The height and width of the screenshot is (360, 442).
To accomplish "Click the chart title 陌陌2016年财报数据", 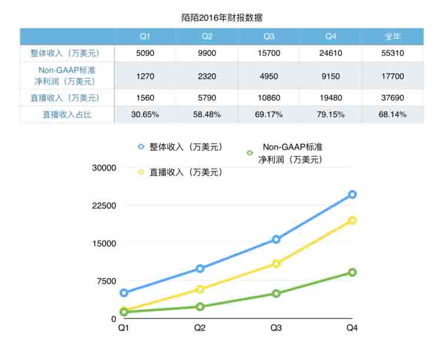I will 222,18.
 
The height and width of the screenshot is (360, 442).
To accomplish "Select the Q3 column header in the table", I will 269,37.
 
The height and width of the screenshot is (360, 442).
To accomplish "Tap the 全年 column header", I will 392,37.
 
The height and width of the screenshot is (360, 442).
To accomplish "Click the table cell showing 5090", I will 144,53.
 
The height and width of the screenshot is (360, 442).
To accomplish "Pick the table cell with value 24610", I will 331,53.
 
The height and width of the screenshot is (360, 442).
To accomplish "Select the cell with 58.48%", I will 207,114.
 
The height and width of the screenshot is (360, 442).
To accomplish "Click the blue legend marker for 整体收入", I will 141,146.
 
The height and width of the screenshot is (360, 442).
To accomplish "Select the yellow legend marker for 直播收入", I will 141,172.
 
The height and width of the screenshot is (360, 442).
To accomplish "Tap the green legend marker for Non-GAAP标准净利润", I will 249,153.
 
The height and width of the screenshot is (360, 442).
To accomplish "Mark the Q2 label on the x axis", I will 200,328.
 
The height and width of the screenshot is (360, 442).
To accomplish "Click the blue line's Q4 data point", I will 352,194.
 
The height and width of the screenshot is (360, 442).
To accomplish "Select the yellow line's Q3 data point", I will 276,263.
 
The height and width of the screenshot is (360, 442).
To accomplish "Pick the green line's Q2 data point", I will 200,306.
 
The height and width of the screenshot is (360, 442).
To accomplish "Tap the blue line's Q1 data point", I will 124,293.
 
